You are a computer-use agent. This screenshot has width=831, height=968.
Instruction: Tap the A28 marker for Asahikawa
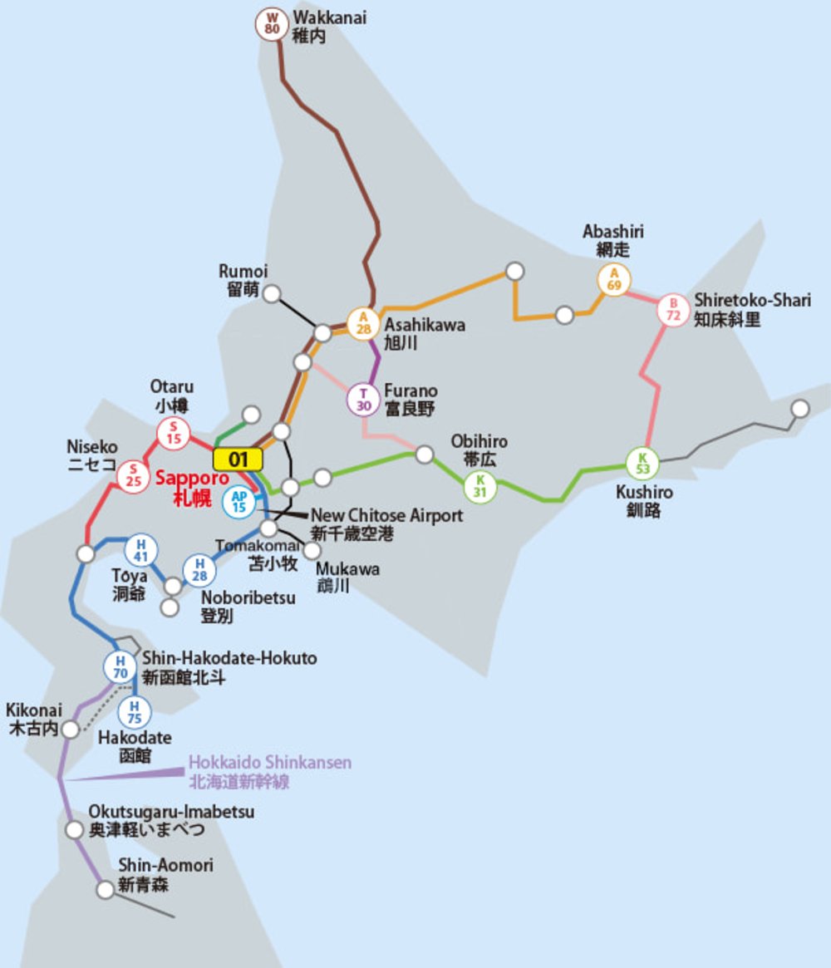[363, 322]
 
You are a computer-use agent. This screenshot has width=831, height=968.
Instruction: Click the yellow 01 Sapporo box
[238, 459]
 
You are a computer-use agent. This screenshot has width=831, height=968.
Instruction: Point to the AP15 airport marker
[238, 501]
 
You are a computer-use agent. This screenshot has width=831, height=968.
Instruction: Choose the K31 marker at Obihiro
[479, 486]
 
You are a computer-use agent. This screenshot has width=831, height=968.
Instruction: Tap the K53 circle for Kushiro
[642, 464]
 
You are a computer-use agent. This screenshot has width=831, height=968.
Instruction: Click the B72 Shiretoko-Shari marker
[673, 310]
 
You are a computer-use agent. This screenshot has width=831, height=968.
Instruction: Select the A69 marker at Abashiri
[614, 280]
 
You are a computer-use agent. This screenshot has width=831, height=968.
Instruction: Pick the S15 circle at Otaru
[174, 433]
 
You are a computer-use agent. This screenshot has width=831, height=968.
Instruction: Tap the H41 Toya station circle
[140, 550]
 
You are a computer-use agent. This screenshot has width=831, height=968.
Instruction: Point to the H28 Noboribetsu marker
[199, 571]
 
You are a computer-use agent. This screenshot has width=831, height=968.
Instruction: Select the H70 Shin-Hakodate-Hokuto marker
[120, 666]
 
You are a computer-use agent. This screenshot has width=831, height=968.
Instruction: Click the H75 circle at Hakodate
[134, 712]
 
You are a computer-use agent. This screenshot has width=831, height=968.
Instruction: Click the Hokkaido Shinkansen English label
[270, 763]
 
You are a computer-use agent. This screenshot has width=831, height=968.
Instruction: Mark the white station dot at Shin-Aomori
[105, 890]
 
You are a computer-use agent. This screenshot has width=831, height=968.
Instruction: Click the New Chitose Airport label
[386, 516]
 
